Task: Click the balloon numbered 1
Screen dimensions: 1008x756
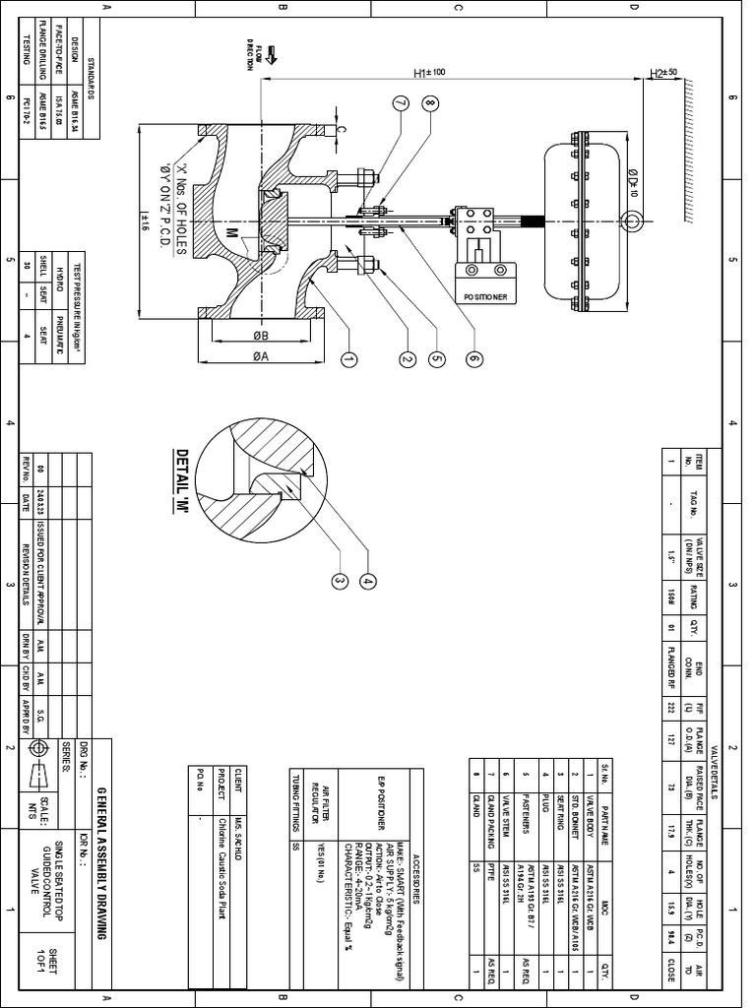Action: pyautogui.click(x=347, y=361)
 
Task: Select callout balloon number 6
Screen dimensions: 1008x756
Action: pyautogui.click(x=473, y=361)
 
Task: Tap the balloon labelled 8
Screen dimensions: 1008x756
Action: pyautogui.click(x=430, y=102)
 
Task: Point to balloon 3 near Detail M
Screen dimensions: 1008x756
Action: pyautogui.click(x=341, y=581)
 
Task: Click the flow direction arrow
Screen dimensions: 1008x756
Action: pyautogui.click(x=272, y=55)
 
